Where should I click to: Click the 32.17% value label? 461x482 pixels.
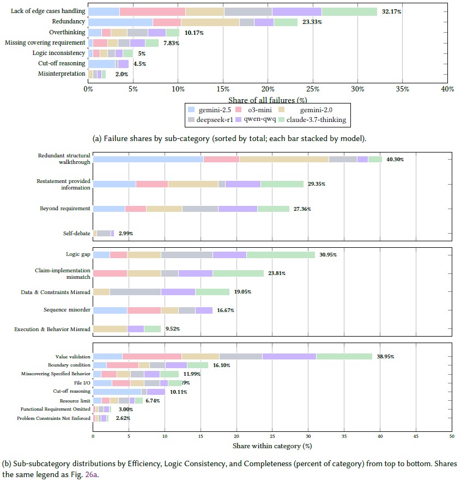[391, 11]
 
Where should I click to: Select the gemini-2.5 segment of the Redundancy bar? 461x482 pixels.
[120, 22]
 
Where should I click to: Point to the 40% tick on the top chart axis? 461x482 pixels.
[447, 89]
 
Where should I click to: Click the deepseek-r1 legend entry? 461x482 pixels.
[220, 119]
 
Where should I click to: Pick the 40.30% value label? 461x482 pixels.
[395, 160]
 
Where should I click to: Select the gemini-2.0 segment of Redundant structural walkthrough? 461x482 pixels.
[284, 160]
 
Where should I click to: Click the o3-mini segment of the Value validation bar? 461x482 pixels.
[151, 356]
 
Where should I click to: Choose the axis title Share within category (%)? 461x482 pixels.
[271, 446]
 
